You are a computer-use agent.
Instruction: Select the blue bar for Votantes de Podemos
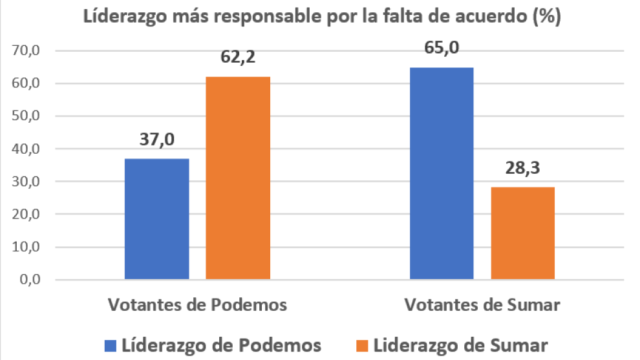pos(157,219)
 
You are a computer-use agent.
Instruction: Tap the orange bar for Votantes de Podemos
pos(238,178)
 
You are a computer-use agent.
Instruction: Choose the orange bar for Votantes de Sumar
pos(523,233)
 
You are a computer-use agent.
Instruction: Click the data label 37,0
pos(157,140)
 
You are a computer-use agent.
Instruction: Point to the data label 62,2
pos(238,58)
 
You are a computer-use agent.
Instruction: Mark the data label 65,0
pos(442,49)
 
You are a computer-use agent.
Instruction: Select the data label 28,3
pos(523,169)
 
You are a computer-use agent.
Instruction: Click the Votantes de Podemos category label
pos(197,304)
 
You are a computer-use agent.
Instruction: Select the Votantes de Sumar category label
pos(482,304)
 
